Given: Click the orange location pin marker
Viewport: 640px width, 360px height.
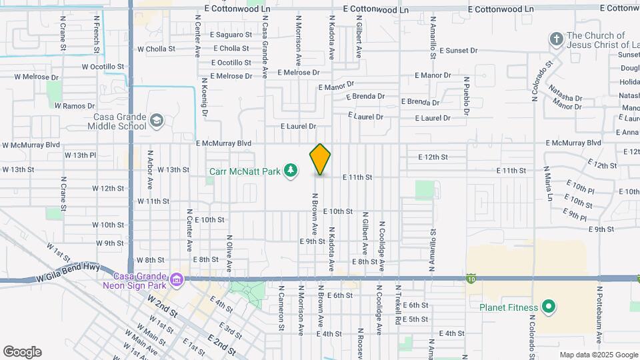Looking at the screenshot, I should pyautogui.click(x=320, y=159).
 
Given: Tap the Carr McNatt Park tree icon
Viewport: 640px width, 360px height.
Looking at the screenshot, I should pyautogui.click(x=290, y=172).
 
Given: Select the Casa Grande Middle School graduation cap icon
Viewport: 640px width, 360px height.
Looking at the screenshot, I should pyautogui.click(x=157, y=121).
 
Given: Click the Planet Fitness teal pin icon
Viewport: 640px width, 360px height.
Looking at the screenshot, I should pyautogui.click(x=548, y=307).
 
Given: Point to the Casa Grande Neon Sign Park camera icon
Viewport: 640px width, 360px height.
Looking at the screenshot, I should pyautogui.click(x=176, y=279).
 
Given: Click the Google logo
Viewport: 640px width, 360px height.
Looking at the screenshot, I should pyautogui.click(x=22, y=352).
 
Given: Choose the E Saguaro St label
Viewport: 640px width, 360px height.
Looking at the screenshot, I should pyautogui.click(x=231, y=35).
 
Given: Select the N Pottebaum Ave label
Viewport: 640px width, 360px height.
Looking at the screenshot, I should pyautogui.click(x=599, y=311).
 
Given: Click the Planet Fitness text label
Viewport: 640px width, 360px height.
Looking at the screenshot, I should pyautogui.click(x=509, y=307).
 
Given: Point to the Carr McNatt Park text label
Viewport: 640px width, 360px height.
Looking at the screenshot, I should pyautogui.click(x=245, y=172).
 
